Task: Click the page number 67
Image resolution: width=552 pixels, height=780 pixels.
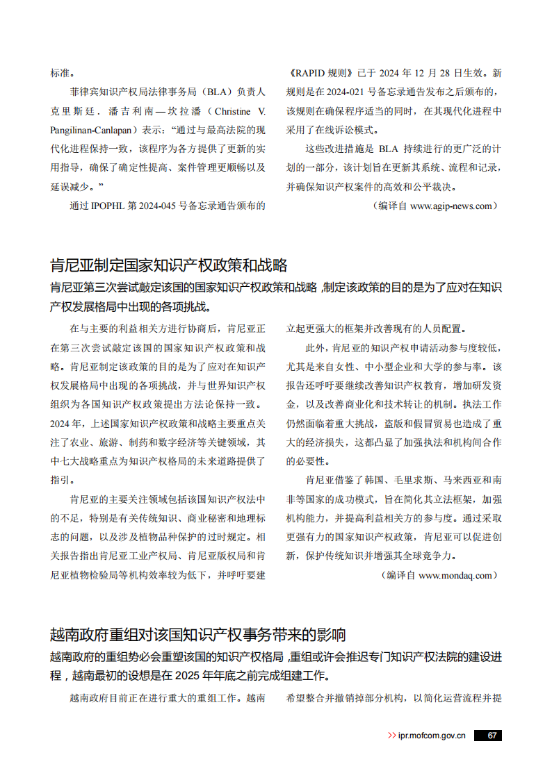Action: point(492,736)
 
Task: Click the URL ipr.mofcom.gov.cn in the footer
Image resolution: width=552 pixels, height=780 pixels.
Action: point(432,736)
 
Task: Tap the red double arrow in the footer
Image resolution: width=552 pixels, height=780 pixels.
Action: point(391,736)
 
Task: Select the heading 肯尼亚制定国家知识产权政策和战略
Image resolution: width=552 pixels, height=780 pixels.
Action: point(169,265)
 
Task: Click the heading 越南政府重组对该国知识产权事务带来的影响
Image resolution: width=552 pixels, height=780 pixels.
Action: point(198,634)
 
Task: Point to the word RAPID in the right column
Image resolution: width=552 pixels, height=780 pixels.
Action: point(314,73)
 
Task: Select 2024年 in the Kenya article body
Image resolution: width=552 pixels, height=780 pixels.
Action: point(65,423)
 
